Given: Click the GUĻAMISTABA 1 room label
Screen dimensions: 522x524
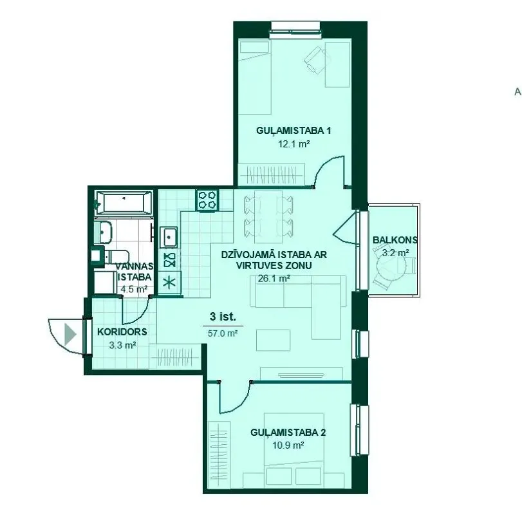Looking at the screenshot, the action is [294, 131].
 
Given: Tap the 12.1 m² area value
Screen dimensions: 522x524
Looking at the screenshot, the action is [294, 144].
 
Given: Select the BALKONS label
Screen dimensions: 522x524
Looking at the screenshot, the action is [395, 240].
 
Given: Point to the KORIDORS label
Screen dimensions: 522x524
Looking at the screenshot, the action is [122, 332].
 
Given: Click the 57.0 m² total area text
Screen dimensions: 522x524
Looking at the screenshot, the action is [223, 333].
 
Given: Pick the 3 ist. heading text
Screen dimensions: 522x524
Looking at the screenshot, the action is [223, 316].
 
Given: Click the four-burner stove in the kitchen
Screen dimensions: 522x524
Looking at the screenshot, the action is [207, 200].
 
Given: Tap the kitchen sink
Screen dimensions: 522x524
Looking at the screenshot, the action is [169, 237].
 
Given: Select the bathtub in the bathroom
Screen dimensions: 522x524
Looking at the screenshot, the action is [124, 203].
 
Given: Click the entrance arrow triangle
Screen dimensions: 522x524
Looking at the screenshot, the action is [70, 334].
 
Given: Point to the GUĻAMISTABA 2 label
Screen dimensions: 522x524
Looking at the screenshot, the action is [288, 433].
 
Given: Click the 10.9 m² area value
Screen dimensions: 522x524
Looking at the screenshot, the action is [288, 445].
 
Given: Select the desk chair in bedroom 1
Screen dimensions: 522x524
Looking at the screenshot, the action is [316, 59].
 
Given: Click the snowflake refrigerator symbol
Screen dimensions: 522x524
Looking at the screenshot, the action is [169, 283].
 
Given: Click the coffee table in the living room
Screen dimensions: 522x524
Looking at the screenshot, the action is [273, 340].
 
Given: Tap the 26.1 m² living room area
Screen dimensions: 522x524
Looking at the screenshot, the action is [274, 278].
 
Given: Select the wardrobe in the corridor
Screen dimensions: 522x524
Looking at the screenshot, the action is [174, 357].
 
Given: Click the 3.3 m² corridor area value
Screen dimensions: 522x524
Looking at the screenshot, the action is [122, 345].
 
